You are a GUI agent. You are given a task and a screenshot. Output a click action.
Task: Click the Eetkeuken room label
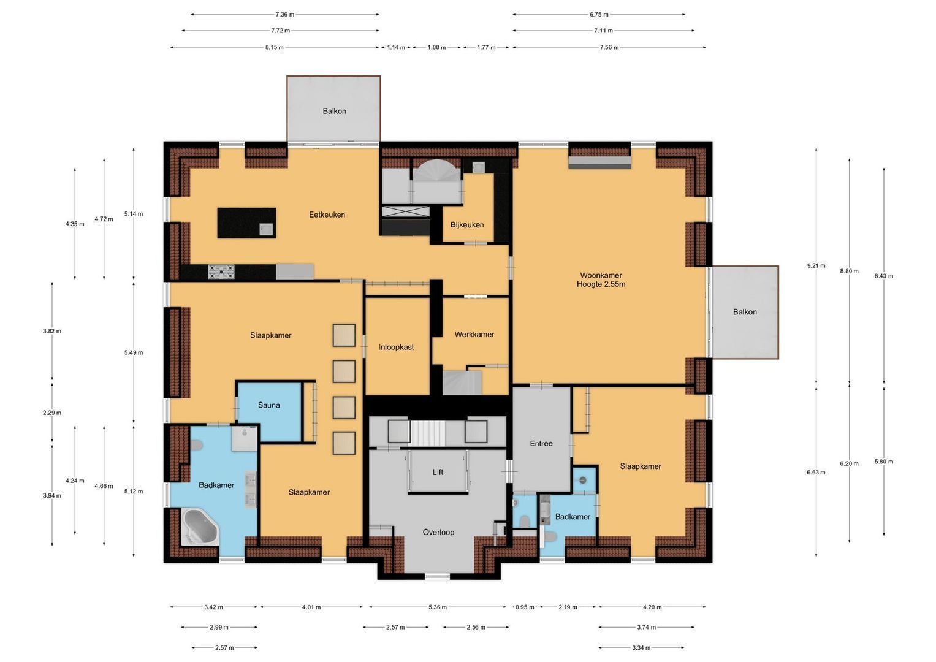click(x=327, y=215)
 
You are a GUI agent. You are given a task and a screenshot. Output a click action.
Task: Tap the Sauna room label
click(x=268, y=405)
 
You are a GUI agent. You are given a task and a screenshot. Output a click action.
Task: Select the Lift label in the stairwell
click(x=438, y=472)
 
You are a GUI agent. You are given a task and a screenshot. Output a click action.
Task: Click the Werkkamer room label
click(x=474, y=335)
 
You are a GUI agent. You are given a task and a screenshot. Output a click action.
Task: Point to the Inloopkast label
click(x=396, y=347)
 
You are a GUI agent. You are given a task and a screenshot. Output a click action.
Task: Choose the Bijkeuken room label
click(x=466, y=225)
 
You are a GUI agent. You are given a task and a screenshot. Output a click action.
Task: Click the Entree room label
click(x=541, y=443)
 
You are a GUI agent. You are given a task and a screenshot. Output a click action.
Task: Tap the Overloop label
click(x=438, y=532)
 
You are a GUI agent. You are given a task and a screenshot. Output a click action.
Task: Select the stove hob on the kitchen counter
click(x=221, y=271)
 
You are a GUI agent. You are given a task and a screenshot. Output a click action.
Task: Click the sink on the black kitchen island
click(x=266, y=229)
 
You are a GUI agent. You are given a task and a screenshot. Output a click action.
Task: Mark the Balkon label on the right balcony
click(x=745, y=312)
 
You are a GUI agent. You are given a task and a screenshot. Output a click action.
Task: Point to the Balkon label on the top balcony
click(x=334, y=111)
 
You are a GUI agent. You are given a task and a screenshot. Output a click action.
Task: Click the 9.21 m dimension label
click(x=816, y=266)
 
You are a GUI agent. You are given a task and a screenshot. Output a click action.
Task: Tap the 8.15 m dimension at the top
click(x=274, y=47)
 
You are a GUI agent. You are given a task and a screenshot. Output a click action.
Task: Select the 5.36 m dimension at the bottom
click(x=438, y=607)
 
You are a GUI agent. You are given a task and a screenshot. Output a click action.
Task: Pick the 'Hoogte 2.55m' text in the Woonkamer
click(x=601, y=284)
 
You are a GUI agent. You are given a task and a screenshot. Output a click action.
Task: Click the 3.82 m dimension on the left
click(x=52, y=331)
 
